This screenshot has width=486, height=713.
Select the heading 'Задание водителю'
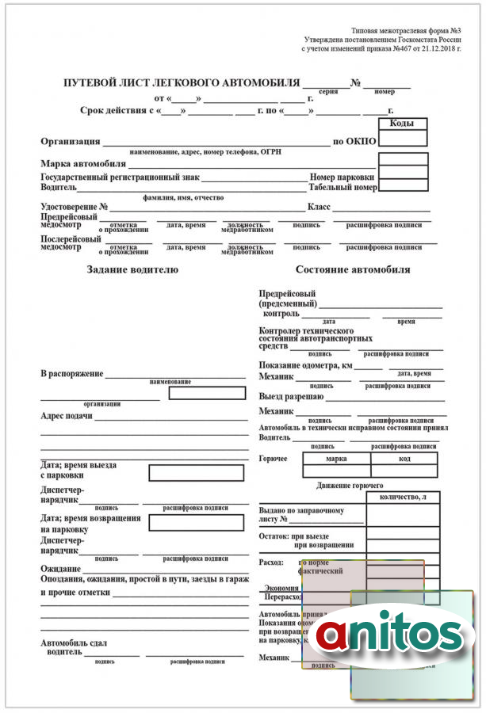(132, 269)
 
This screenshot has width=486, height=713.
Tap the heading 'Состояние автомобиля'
(353, 269)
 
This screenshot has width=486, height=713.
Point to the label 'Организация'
(71, 142)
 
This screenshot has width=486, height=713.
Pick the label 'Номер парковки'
(342, 177)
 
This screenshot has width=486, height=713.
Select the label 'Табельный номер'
(342, 188)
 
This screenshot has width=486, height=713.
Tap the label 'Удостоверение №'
(74, 207)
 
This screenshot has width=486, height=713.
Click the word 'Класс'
(319, 207)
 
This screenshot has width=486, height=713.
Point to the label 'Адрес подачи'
(67, 415)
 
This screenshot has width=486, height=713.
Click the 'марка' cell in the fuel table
(337, 459)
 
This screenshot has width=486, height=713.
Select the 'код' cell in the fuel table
(404, 459)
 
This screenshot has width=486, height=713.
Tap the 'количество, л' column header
(403, 497)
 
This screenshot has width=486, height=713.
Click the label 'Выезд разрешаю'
(291, 396)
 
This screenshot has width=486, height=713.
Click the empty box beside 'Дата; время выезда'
(196, 473)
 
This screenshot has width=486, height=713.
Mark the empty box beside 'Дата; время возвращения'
(196, 523)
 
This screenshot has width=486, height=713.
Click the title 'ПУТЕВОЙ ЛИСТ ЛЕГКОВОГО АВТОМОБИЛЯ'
(182, 83)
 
